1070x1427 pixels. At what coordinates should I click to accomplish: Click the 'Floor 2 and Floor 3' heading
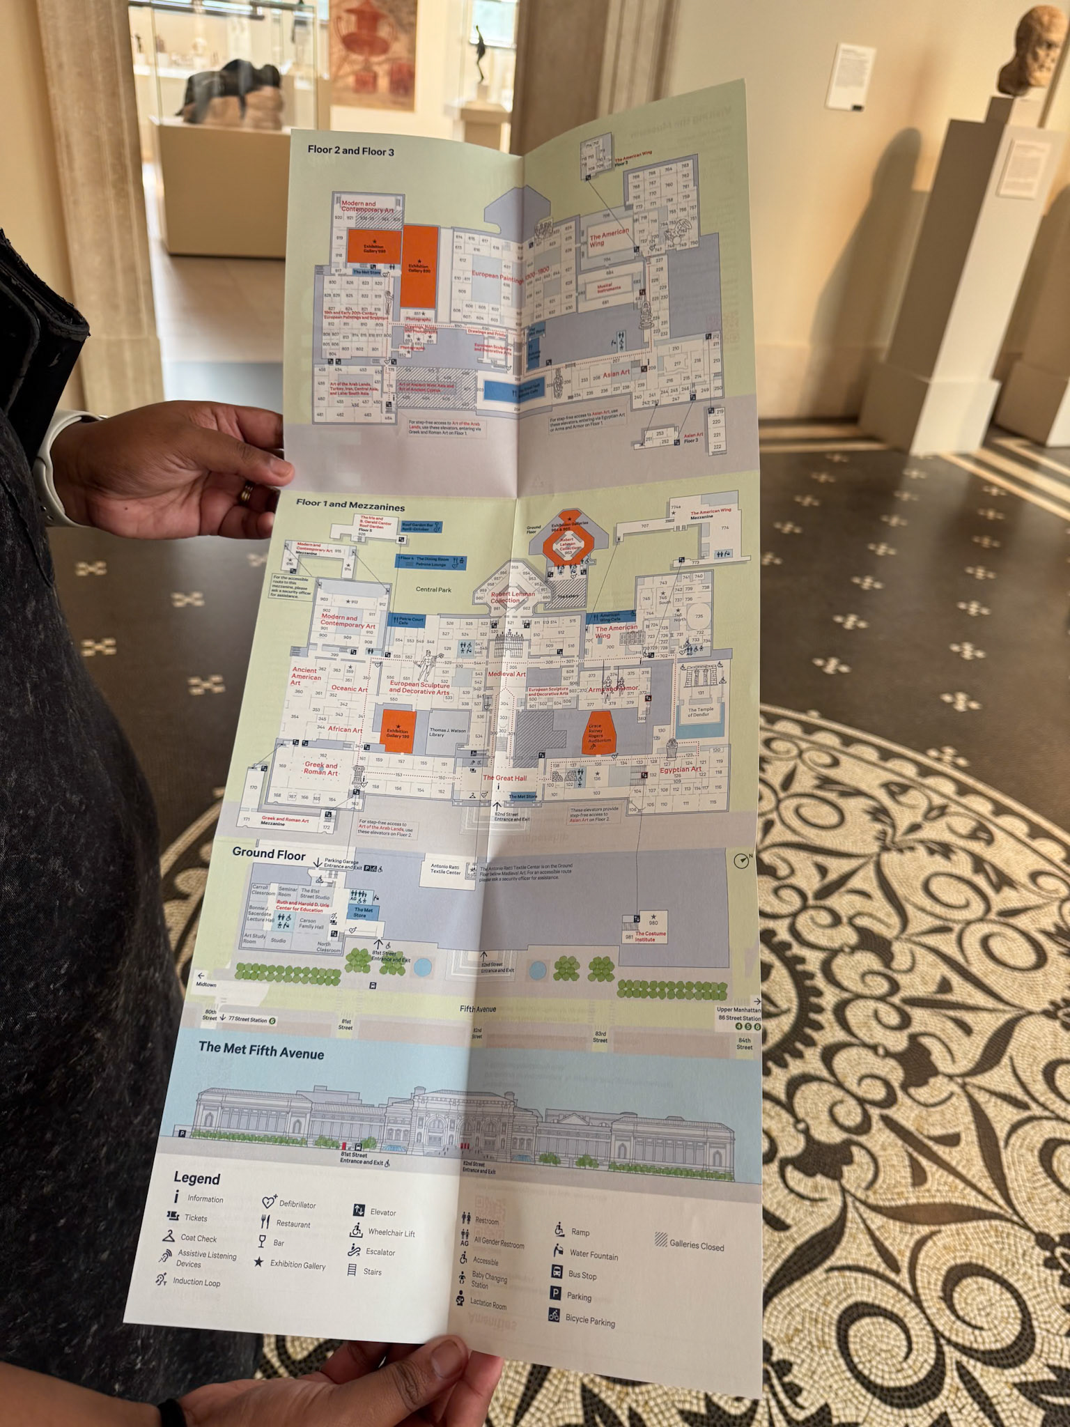(x=350, y=150)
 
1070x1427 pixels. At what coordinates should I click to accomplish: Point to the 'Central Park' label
(x=433, y=589)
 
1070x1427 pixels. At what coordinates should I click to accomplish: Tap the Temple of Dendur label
(x=701, y=712)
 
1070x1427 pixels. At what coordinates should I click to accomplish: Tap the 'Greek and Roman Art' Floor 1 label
(x=321, y=769)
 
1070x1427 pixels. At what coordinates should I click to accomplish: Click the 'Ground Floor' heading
(x=269, y=853)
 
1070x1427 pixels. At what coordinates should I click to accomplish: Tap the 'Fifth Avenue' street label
(x=478, y=1008)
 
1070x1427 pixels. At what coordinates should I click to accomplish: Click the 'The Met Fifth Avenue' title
(x=261, y=1050)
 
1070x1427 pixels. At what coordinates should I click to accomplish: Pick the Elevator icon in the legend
(x=359, y=1210)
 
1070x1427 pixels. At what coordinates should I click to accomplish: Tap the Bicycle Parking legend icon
(x=555, y=1316)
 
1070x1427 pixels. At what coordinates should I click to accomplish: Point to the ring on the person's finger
(x=247, y=493)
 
